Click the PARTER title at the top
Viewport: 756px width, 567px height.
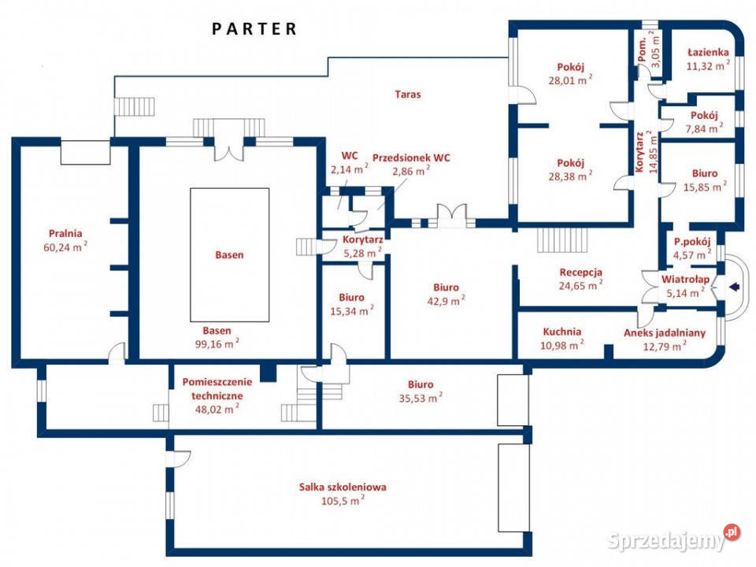(x=254, y=29)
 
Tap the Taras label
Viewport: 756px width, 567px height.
(x=407, y=94)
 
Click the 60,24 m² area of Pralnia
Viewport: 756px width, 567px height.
(x=65, y=246)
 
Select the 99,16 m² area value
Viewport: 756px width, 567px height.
(x=217, y=344)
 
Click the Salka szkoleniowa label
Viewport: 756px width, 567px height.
(x=343, y=487)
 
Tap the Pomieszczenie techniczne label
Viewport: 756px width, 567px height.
(x=217, y=388)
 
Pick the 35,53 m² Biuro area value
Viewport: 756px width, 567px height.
(x=421, y=398)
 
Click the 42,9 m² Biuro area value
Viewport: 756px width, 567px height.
(x=446, y=301)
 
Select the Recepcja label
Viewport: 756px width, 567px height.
(x=580, y=272)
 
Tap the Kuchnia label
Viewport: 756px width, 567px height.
(x=561, y=332)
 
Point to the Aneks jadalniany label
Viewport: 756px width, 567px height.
(x=665, y=332)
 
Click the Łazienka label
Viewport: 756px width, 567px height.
(x=708, y=52)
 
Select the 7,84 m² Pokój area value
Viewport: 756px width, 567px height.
(x=704, y=128)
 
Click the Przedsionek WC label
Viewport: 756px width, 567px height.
(x=411, y=157)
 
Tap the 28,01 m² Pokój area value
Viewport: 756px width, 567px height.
(x=570, y=80)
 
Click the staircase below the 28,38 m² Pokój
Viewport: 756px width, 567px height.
(x=562, y=239)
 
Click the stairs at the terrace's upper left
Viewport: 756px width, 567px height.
(x=135, y=106)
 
